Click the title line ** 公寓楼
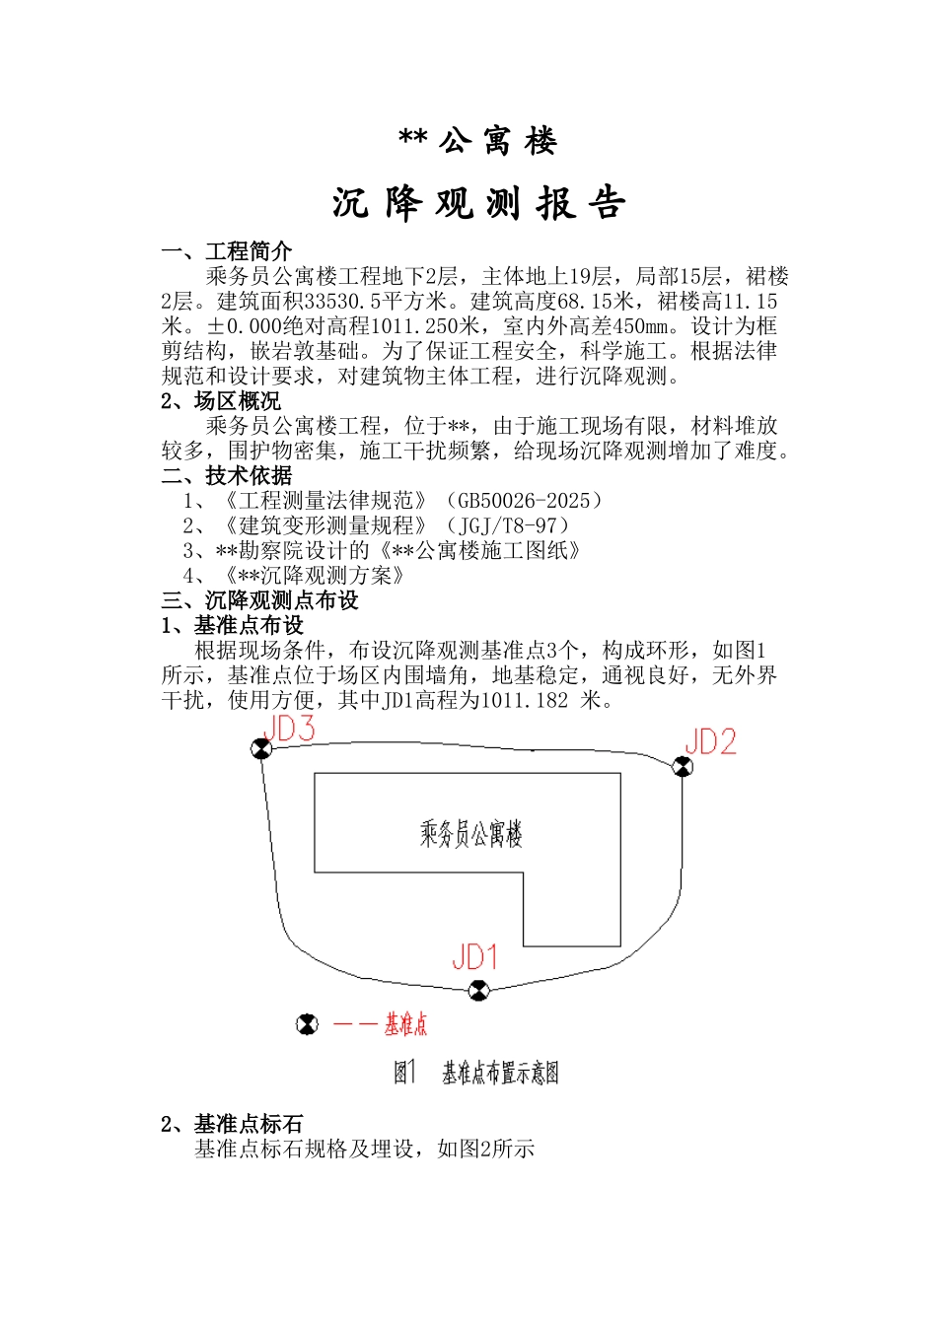[478, 142]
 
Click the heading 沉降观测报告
[479, 203]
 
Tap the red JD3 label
[289, 729]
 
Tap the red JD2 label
[710, 741]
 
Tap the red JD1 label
[474, 957]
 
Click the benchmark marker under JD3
[260, 749]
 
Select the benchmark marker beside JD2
[682, 766]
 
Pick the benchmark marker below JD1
[478, 990]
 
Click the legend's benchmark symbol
[308, 1024]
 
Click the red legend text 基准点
[405, 1025]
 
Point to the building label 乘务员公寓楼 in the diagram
[470, 834]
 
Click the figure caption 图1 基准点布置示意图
[476, 1073]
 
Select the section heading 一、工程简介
[227, 251]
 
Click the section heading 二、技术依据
[227, 475]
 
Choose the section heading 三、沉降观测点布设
[260, 600]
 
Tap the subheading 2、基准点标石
[232, 1123]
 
